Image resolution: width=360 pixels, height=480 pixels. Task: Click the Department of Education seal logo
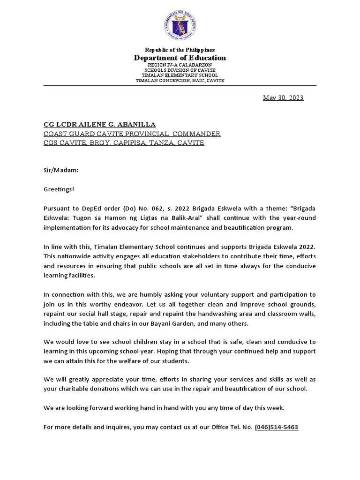[180, 25]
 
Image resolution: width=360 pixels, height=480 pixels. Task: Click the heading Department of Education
[180, 58]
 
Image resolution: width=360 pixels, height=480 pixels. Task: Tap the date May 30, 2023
[283, 98]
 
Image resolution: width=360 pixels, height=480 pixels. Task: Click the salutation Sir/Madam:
[61, 171]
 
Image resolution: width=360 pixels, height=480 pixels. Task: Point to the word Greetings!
[59, 189]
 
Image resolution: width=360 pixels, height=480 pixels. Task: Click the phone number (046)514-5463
[276, 427]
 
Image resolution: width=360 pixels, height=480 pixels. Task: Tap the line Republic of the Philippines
[180, 50]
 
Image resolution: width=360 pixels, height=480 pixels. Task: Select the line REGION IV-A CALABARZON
[180, 65]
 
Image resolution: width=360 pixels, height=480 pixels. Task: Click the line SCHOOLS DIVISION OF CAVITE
[180, 70]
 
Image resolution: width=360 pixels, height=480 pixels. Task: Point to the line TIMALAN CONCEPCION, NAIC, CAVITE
[180, 81]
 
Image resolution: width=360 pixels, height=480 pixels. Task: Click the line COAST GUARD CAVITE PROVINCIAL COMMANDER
[132, 134]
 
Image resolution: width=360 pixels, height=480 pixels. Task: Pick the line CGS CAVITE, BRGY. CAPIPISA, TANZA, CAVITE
[124, 143]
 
